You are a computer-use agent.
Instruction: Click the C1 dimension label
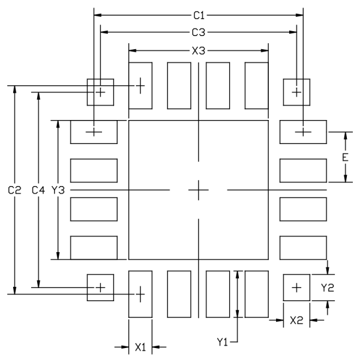(199, 16)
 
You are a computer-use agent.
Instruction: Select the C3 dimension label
(199, 32)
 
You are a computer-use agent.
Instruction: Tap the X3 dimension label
(199, 51)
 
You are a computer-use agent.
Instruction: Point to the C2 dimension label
(14, 190)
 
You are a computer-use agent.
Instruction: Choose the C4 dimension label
(38, 190)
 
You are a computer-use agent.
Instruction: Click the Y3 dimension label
(58, 190)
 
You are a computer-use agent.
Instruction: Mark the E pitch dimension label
(345, 157)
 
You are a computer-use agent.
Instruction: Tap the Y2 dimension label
(328, 287)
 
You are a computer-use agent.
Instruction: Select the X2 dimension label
(296, 320)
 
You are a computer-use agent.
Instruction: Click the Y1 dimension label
(223, 342)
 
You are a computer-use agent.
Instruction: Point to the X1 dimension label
(140, 347)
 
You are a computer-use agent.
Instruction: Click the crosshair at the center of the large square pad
(199, 190)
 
